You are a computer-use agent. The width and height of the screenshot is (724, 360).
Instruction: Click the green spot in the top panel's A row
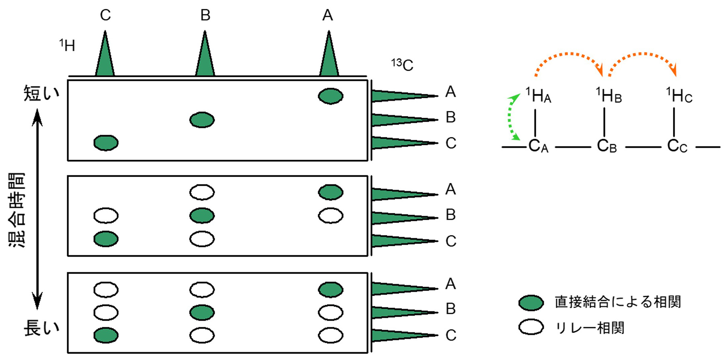point(331,96)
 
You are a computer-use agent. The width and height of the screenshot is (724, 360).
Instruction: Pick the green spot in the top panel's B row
point(202,120)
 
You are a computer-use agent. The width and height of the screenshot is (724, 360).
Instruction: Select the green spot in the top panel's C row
point(106,143)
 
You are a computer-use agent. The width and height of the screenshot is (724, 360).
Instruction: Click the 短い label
point(41,93)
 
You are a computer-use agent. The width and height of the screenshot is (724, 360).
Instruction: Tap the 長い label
point(41,328)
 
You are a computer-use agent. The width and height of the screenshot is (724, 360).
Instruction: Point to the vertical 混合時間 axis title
point(17,210)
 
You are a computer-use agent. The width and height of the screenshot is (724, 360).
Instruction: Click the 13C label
point(402,65)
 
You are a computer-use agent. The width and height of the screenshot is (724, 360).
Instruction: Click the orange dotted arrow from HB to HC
point(643,58)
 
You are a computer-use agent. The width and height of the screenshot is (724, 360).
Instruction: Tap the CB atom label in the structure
point(607,146)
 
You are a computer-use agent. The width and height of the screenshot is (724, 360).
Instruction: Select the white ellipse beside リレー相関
point(531,327)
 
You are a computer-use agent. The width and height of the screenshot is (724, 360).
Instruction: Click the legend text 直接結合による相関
point(617,302)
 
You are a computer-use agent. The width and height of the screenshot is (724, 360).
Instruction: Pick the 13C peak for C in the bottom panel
point(402,335)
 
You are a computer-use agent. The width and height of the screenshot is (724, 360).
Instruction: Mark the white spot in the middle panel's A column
point(331,216)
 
